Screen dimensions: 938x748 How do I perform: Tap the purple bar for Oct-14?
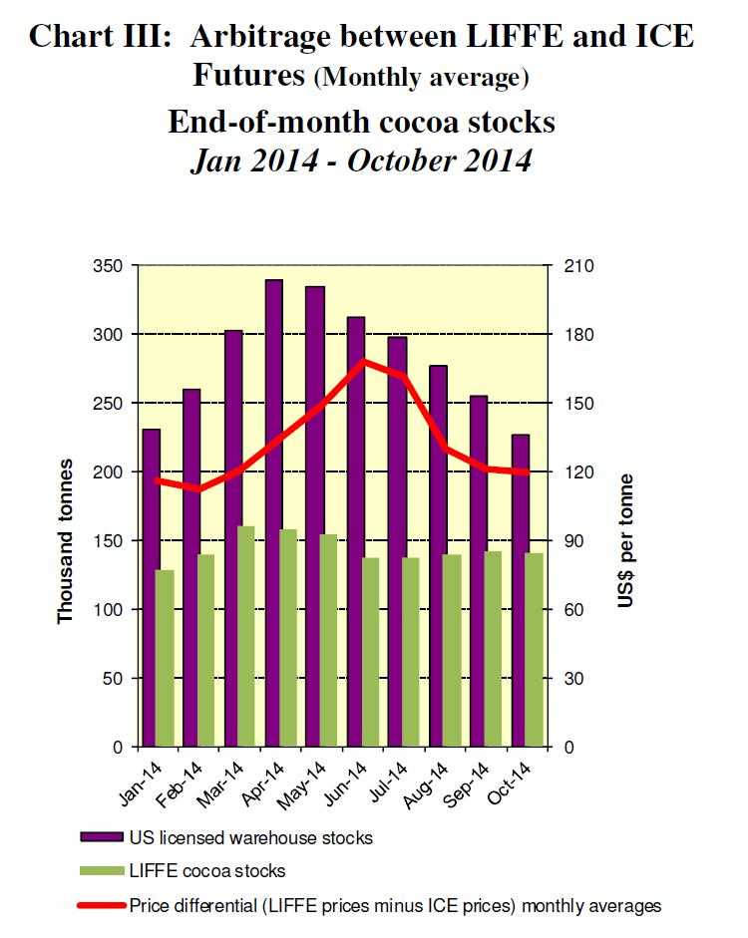[521, 588]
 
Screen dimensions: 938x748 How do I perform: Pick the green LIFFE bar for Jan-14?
[166, 658]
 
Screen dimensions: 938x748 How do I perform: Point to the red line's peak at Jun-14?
[365, 361]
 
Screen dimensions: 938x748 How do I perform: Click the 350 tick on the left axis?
[108, 266]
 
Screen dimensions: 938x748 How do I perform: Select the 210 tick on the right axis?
[579, 266]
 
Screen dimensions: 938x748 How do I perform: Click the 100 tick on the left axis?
[108, 610]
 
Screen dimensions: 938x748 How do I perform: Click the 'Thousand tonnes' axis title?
[66, 540]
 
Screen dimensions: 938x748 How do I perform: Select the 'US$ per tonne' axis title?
[625, 540]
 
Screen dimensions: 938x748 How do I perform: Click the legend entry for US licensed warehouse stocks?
[250, 837]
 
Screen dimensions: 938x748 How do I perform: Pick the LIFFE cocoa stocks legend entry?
[206, 870]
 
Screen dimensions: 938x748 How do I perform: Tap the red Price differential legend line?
[99, 905]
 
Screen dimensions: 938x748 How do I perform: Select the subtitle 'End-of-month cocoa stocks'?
[361, 122]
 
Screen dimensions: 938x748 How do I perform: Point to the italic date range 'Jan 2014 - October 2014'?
[361, 159]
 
